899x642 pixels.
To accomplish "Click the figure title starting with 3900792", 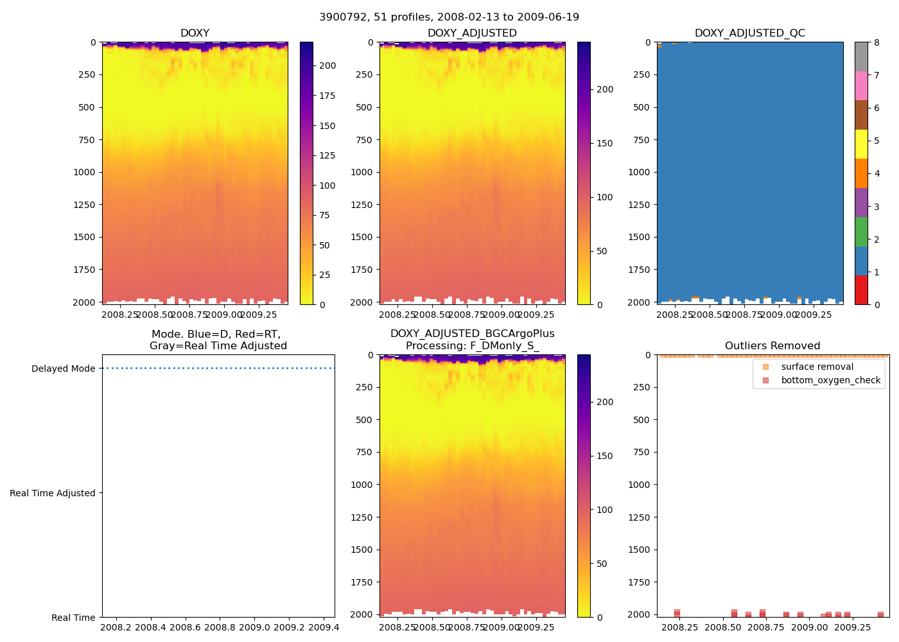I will point(449,17).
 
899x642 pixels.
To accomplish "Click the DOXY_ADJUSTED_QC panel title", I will point(749,33).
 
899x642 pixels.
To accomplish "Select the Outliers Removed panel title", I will point(772,346).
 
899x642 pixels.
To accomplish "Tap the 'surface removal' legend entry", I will point(817,367).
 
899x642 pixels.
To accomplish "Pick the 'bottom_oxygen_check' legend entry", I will point(830,381).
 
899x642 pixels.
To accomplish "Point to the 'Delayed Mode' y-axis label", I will point(63,369).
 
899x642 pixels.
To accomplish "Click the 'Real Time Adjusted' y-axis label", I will point(53,493).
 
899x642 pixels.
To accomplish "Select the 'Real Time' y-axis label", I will point(73,618).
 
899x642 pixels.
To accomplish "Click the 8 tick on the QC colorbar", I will point(877,42).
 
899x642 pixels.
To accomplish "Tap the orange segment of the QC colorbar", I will point(861,173).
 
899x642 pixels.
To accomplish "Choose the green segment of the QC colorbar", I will point(861,232).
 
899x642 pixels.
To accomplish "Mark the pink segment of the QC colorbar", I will point(861,86).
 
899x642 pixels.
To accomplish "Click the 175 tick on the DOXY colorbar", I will point(327,96).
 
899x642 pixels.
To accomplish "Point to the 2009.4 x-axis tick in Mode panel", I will point(323,627).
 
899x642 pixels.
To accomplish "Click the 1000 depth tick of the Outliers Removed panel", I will point(640,485).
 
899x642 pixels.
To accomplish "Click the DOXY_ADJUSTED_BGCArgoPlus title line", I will point(472,334).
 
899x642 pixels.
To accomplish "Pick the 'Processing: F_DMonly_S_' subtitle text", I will point(472,346).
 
